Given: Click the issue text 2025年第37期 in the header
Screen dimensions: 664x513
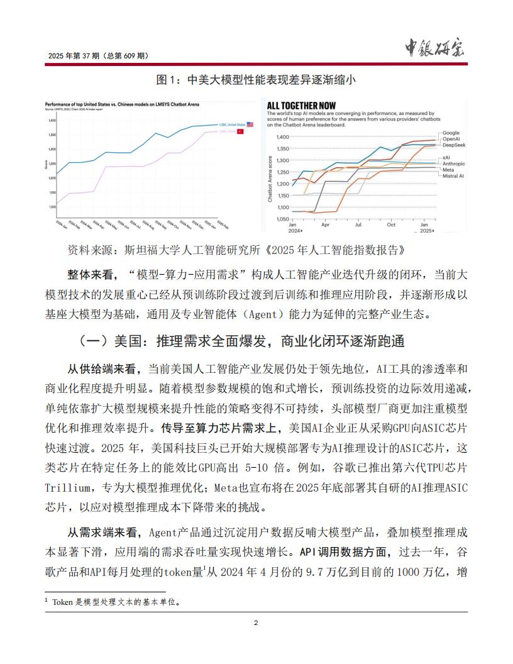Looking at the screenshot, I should [x=99, y=56].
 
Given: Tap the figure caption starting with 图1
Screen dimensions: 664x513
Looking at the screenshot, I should [x=260, y=80].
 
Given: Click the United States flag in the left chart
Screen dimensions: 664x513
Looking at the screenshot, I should [x=250, y=124].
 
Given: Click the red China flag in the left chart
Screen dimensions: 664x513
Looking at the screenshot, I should [x=240, y=131].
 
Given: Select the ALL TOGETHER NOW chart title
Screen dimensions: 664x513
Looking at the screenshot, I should [x=302, y=106].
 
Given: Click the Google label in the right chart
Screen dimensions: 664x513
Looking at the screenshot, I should [x=451, y=133].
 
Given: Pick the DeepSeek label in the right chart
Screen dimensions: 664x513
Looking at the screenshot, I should [x=455, y=145].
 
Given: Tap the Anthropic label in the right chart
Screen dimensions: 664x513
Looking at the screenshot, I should [x=455, y=163].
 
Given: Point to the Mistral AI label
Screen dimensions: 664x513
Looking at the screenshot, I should [x=454, y=176].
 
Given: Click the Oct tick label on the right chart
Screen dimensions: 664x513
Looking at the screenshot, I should [x=391, y=224].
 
